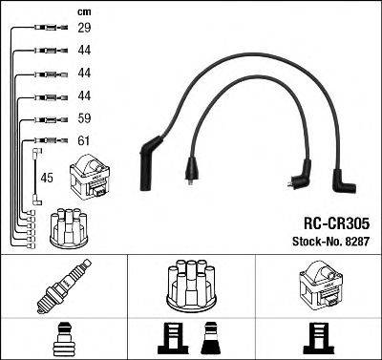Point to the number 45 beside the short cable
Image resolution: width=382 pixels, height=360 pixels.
pyautogui.click(x=47, y=177)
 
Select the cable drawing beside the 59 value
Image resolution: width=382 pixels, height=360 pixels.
pyautogui.click(x=45, y=120)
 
